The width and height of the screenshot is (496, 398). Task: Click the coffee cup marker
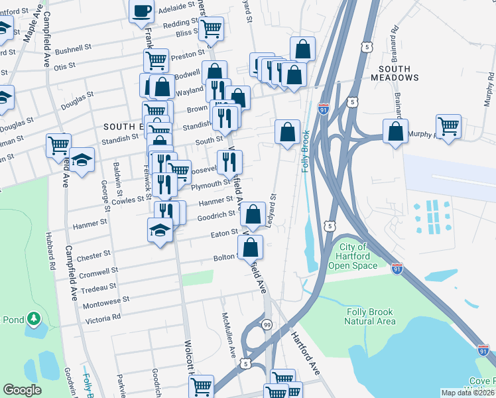coord(142,10)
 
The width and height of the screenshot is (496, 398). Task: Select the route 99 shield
coord(267,324)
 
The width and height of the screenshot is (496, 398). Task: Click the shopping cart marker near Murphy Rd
coord(449,126)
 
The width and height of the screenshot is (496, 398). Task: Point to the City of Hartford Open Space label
coord(353,256)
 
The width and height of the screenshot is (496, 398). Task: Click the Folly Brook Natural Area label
coord(369,316)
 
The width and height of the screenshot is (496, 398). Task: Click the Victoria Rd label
coord(103,318)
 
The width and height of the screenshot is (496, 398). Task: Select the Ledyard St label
coord(271,210)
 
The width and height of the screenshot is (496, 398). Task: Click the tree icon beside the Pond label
coord(33,321)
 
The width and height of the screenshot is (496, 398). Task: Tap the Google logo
coord(22,390)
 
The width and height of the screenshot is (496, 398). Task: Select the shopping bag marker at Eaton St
coord(250,247)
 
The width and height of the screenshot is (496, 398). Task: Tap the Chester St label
coord(93,255)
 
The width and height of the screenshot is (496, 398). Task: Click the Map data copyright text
coord(467,393)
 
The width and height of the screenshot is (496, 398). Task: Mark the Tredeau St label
coord(100,288)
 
